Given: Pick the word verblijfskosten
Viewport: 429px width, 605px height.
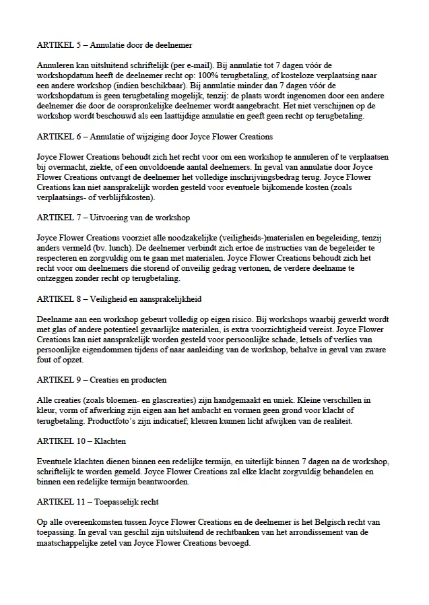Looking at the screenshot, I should point(126,197).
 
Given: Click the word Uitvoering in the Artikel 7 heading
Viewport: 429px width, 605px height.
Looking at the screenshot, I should point(110,218).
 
